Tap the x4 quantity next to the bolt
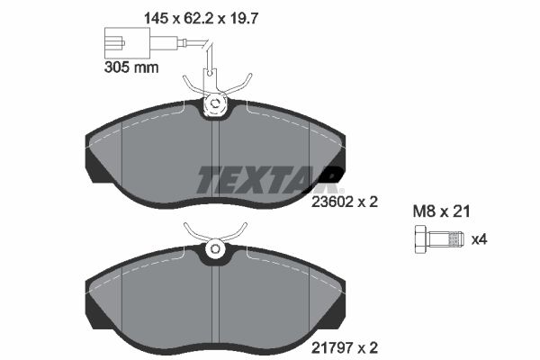[480, 239]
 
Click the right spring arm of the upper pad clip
[240, 87]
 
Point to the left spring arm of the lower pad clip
[192, 233]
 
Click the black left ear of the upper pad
[94, 157]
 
